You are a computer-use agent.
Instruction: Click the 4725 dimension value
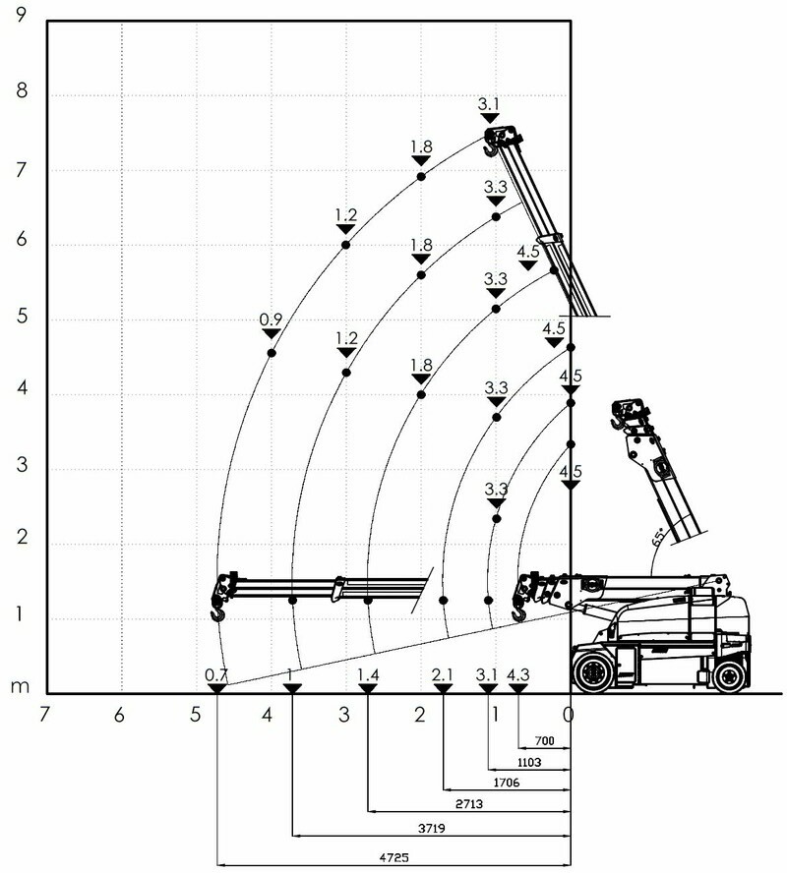point(393,857)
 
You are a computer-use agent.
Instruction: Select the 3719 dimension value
point(432,829)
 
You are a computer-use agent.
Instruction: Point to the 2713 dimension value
point(469,804)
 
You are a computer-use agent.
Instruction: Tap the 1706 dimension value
point(507,783)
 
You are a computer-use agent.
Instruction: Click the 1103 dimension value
point(528,762)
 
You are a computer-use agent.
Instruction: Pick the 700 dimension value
point(544,740)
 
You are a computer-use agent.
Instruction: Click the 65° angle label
point(658,538)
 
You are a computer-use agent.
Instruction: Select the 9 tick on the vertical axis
point(22,15)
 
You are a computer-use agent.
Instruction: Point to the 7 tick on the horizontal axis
point(44,715)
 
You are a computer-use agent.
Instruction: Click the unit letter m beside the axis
point(20,686)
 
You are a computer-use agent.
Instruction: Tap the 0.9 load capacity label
point(271,320)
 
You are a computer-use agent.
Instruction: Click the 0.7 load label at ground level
point(216,674)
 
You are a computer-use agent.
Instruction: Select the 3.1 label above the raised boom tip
point(489,104)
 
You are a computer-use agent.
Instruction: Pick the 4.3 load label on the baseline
point(518,674)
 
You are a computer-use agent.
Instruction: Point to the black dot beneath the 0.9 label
point(272,353)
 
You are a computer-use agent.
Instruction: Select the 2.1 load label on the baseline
point(443,674)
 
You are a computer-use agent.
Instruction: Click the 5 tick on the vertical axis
point(22,317)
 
